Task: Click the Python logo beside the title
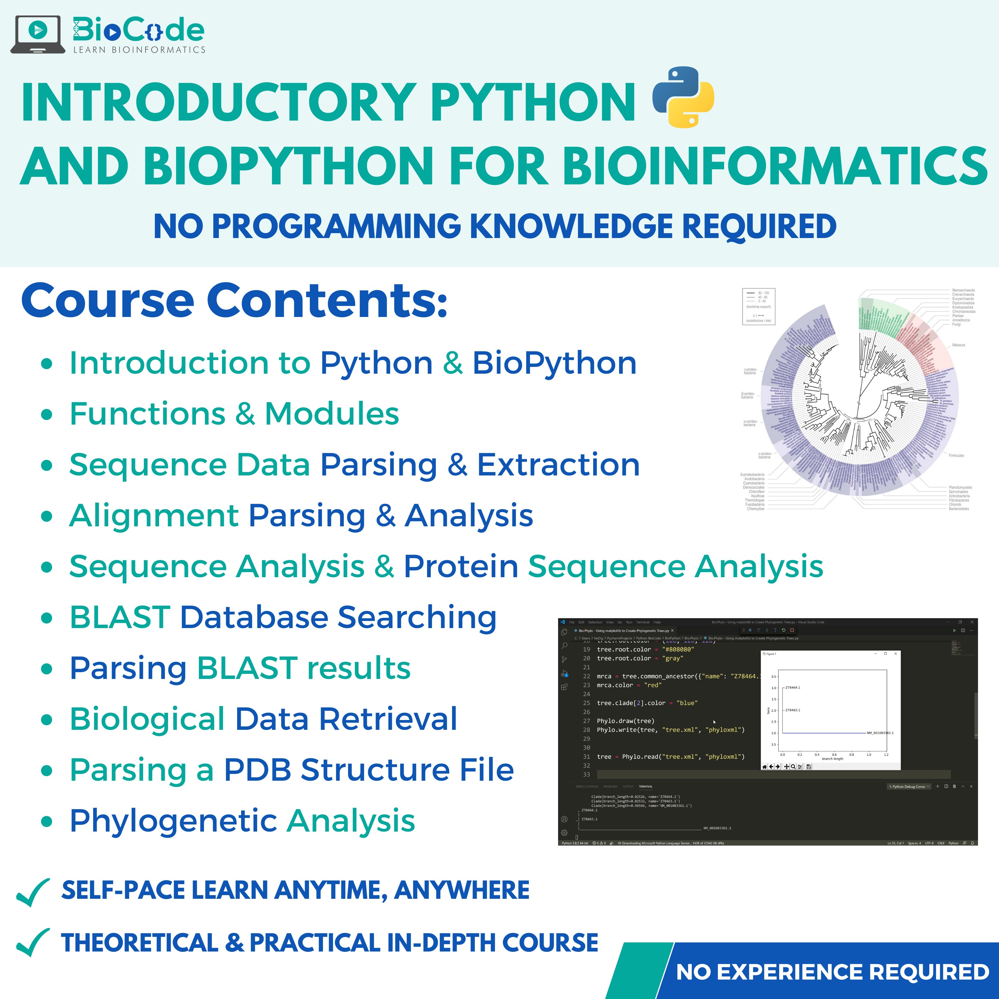(x=683, y=97)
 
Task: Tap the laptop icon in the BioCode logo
(x=38, y=34)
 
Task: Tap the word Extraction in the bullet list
(x=558, y=464)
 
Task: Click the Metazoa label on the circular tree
(x=958, y=345)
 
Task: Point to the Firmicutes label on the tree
(x=956, y=455)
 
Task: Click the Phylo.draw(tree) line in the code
(x=625, y=721)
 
